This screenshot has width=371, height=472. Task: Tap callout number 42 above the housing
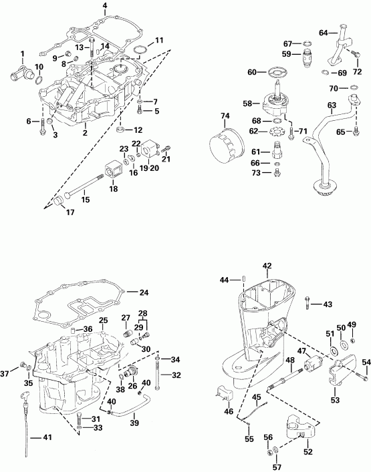tap(267, 266)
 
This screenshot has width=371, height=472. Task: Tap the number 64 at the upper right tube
tap(324, 32)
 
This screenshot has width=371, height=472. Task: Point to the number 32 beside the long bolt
tap(177, 375)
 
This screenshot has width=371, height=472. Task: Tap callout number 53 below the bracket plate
tap(335, 400)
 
